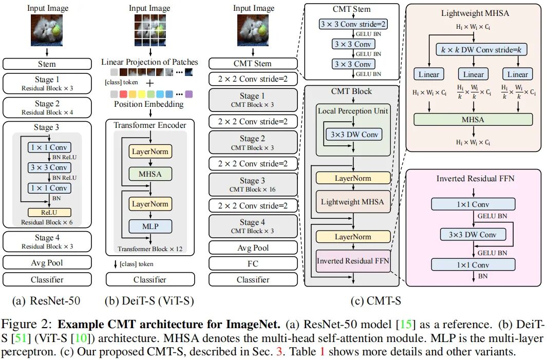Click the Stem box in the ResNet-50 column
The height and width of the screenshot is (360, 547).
click(47, 64)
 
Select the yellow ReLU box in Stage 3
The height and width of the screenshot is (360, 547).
click(49, 212)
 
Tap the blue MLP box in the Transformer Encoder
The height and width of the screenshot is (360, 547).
click(149, 226)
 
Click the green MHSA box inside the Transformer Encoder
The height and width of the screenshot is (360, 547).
click(149, 174)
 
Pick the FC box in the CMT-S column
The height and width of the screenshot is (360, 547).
click(253, 264)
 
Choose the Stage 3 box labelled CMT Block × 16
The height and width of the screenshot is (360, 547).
click(253, 184)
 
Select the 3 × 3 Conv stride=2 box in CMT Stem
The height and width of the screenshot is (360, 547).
click(353, 24)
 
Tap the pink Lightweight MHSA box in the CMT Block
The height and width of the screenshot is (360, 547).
click(352, 201)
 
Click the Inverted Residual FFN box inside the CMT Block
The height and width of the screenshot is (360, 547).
click(352, 261)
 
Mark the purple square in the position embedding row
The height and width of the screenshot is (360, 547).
click(188, 94)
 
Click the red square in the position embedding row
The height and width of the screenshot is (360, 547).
click(122, 94)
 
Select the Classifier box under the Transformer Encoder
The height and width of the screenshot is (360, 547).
click(150, 279)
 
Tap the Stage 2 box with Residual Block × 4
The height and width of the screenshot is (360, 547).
click(47, 107)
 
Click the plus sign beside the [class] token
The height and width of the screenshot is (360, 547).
click(150, 83)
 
